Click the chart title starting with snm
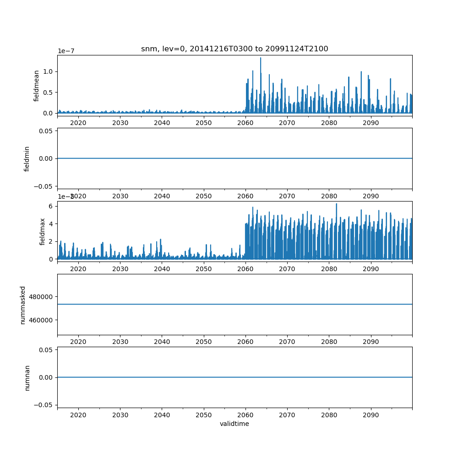pos(234,49)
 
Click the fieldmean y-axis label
pos(36,86)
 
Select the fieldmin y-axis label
pos(27,158)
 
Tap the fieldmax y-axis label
pos(43,231)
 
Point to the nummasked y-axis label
pos(23,304)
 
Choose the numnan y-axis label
pos(27,377)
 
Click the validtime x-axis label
pos(234,424)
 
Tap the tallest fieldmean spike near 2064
pos(261,58)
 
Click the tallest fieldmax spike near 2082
pos(337,204)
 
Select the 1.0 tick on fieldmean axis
pos(48,71)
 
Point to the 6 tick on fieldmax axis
pos(51,206)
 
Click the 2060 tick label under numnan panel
pos(245,414)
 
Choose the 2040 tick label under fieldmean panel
pos(162,123)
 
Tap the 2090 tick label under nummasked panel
pos(371,342)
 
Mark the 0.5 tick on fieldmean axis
pos(48,92)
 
